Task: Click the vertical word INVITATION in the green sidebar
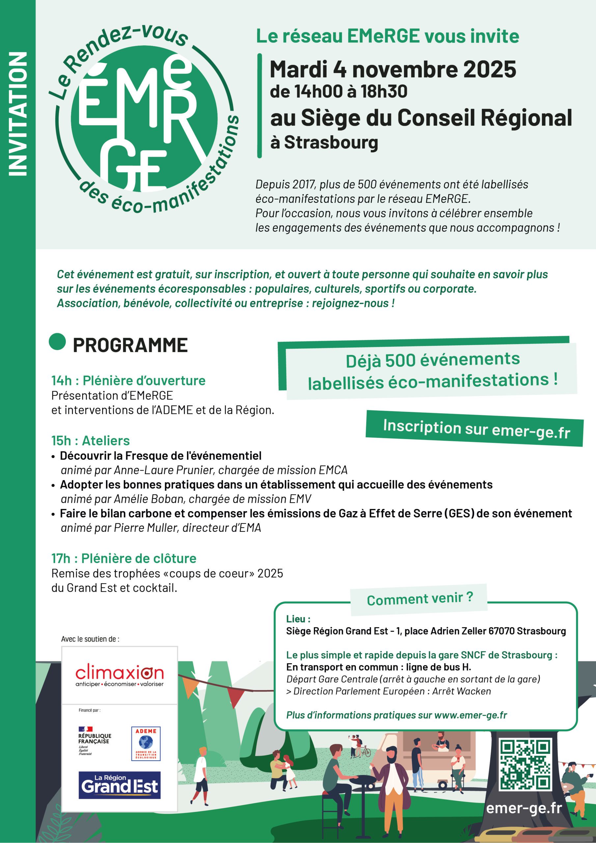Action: (x=18, y=114)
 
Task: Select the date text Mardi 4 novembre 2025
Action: (x=393, y=69)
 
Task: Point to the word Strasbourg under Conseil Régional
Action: (x=331, y=143)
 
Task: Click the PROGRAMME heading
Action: (x=130, y=345)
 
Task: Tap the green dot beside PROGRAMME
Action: (x=57, y=341)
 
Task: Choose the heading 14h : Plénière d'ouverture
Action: (x=128, y=380)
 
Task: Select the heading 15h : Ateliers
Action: (x=90, y=440)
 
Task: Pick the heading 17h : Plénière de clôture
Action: (x=124, y=558)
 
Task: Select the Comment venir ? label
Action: (x=420, y=599)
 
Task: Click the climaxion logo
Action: (x=119, y=676)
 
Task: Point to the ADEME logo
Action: (x=146, y=744)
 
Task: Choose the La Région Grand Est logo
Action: (x=119, y=785)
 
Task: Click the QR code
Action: (x=525, y=765)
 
